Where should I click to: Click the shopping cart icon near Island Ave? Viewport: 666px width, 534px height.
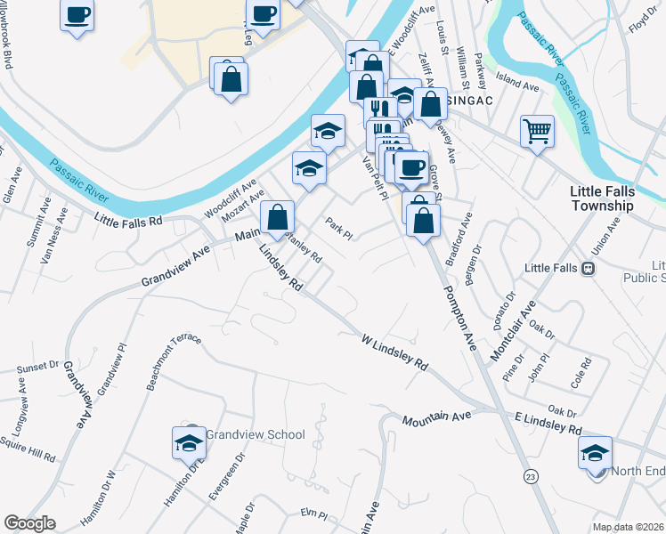point(537,132)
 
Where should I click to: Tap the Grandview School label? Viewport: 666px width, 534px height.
point(256,434)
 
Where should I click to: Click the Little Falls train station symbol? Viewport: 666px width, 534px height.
point(588,268)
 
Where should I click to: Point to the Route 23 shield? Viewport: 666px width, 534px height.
point(531,475)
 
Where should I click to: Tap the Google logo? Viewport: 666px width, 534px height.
point(29,524)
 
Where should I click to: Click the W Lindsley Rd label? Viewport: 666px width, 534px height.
point(395,352)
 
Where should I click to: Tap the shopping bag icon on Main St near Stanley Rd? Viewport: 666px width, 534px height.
point(278,216)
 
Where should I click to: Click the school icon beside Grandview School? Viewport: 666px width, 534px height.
point(189,443)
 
